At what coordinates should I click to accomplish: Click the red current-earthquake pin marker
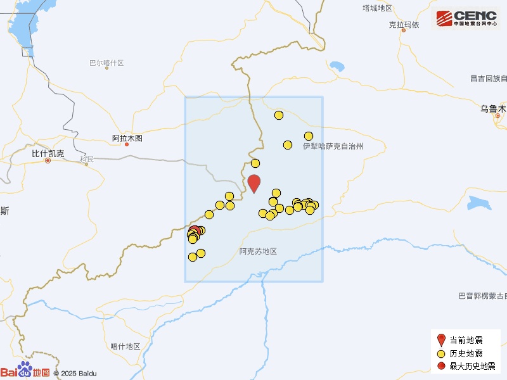click(254, 183)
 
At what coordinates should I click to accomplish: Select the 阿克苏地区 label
click(259, 251)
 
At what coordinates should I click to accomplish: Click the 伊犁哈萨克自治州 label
click(333, 146)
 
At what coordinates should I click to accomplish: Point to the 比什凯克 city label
click(48, 153)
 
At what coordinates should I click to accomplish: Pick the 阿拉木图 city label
click(127, 138)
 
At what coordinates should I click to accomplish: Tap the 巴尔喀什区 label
click(106, 63)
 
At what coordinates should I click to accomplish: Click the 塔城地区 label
click(378, 8)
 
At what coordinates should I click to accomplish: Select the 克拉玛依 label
click(404, 25)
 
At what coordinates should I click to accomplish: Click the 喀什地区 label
click(125, 346)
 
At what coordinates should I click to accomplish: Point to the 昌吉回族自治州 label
click(488, 79)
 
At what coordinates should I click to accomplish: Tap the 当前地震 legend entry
click(466, 340)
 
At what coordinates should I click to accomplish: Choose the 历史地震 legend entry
click(466, 353)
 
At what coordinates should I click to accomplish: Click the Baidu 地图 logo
click(25, 371)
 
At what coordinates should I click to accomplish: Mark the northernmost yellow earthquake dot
click(279, 115)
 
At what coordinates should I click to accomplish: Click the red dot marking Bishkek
click(48, 161)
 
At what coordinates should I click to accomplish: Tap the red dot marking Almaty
click(127, 144)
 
